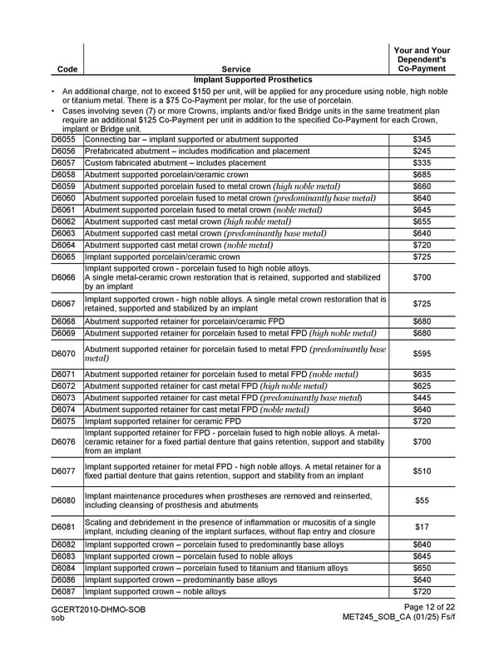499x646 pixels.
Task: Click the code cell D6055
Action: [63, 139]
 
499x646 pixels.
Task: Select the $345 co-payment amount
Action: [422, 139]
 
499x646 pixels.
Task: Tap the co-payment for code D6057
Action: [422, 163]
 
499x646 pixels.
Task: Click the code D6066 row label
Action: [63, 276]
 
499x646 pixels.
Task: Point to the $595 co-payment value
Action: [422, 354]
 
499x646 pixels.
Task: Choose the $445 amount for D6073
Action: [422, 398]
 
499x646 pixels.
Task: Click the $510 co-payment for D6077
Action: [422, 471]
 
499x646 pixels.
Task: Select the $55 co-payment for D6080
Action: [422, 500]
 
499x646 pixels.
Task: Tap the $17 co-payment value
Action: [422, 527]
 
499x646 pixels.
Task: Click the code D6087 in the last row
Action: [63, 592]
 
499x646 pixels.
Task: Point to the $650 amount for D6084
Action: [422, 568]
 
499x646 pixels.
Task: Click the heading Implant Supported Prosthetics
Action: [249, 79]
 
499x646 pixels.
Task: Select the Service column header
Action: [236, 69]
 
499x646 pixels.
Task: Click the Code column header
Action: [63, 69]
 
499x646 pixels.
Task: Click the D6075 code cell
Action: [63, 422]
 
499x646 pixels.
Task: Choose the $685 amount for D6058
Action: [422, 175]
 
